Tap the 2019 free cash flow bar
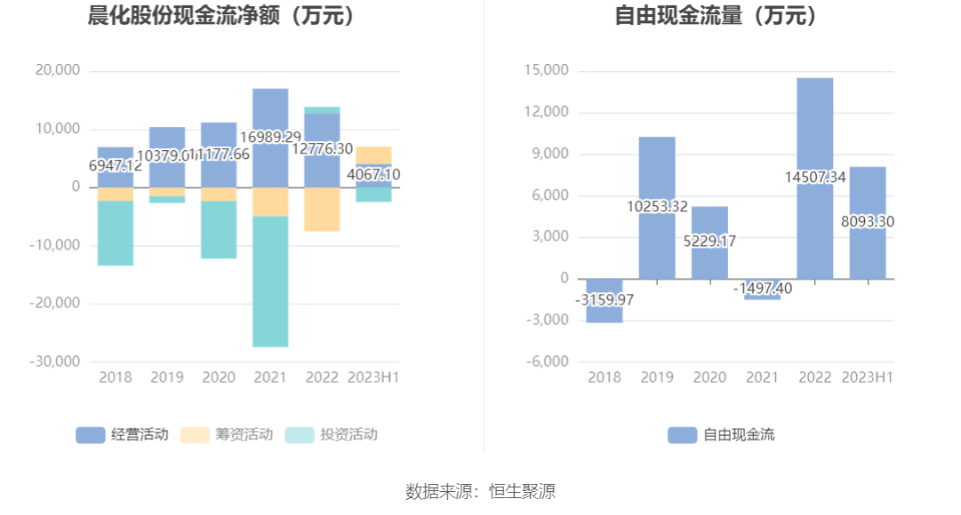tap(657, 169)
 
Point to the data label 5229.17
tap(709, 242)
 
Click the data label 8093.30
tap(868, 222)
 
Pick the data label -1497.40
tap(762, 289)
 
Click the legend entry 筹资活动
tap(227, 434)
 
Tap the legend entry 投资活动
tap(332, 434)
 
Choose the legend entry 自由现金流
tap(721, 434)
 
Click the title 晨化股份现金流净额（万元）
tap(221, 16)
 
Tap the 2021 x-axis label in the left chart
tap(270, 377)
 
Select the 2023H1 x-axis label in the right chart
tap(867, 377)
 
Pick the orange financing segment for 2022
tap(322, 210)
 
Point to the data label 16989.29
tap(270, 137)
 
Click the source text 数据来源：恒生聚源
tap(480, 491)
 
